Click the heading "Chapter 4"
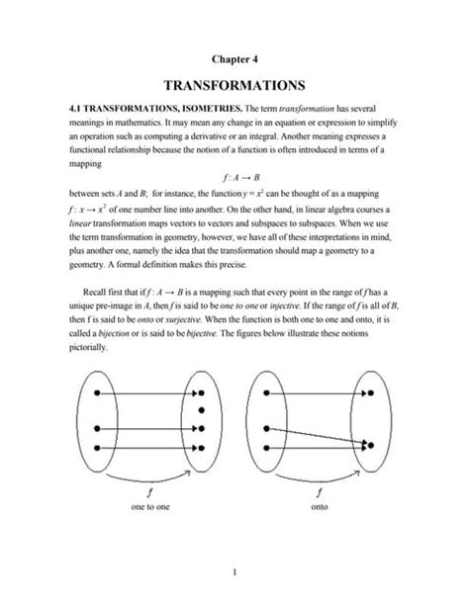point(234,60)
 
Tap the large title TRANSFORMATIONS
point(234,86)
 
